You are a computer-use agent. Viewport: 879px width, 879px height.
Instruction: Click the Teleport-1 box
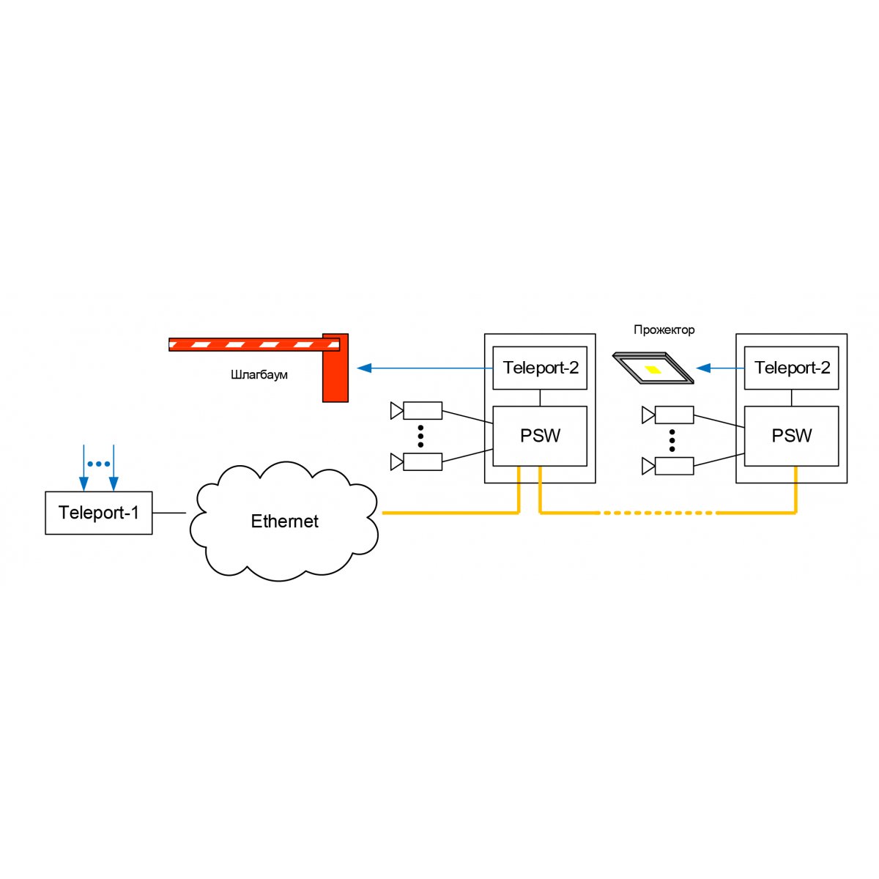pos(99,513)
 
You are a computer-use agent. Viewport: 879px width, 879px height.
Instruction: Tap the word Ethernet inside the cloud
pos(284,522)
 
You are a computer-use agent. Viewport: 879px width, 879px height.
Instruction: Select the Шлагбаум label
pos(259,375)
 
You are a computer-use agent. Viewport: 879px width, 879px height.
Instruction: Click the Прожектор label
pos(664,330)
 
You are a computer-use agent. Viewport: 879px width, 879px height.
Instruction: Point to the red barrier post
pos(335,368)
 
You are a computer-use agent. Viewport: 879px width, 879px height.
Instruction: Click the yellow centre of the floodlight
pos(653,369)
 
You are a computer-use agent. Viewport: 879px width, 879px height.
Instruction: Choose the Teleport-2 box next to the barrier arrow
pos(540,368)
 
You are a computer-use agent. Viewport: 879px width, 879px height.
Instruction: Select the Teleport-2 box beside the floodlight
pos(791,368)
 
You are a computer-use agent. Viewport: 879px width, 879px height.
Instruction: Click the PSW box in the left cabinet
pos(540,436)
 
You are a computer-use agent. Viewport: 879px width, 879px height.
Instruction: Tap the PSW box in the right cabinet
pos(791,436)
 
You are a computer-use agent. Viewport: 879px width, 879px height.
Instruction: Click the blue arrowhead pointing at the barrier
pos(363,368)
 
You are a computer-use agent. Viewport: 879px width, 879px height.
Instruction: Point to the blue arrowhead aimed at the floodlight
pos(703,368)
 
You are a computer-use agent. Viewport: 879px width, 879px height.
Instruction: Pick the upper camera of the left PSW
pos(416,410)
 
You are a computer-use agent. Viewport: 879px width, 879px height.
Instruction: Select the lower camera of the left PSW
pos(416,461)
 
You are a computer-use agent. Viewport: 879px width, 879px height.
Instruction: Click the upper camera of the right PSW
pos(668,415)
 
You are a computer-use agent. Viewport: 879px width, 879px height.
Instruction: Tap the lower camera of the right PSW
pos(668,466)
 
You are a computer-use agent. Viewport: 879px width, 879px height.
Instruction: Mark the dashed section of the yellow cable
pos(657,513)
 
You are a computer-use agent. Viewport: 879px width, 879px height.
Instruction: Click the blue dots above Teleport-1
pos(99,464)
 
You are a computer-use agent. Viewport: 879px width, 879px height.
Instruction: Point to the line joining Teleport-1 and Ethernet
pos(169,513)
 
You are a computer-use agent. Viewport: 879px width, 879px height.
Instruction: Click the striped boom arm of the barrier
pos(254,344)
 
